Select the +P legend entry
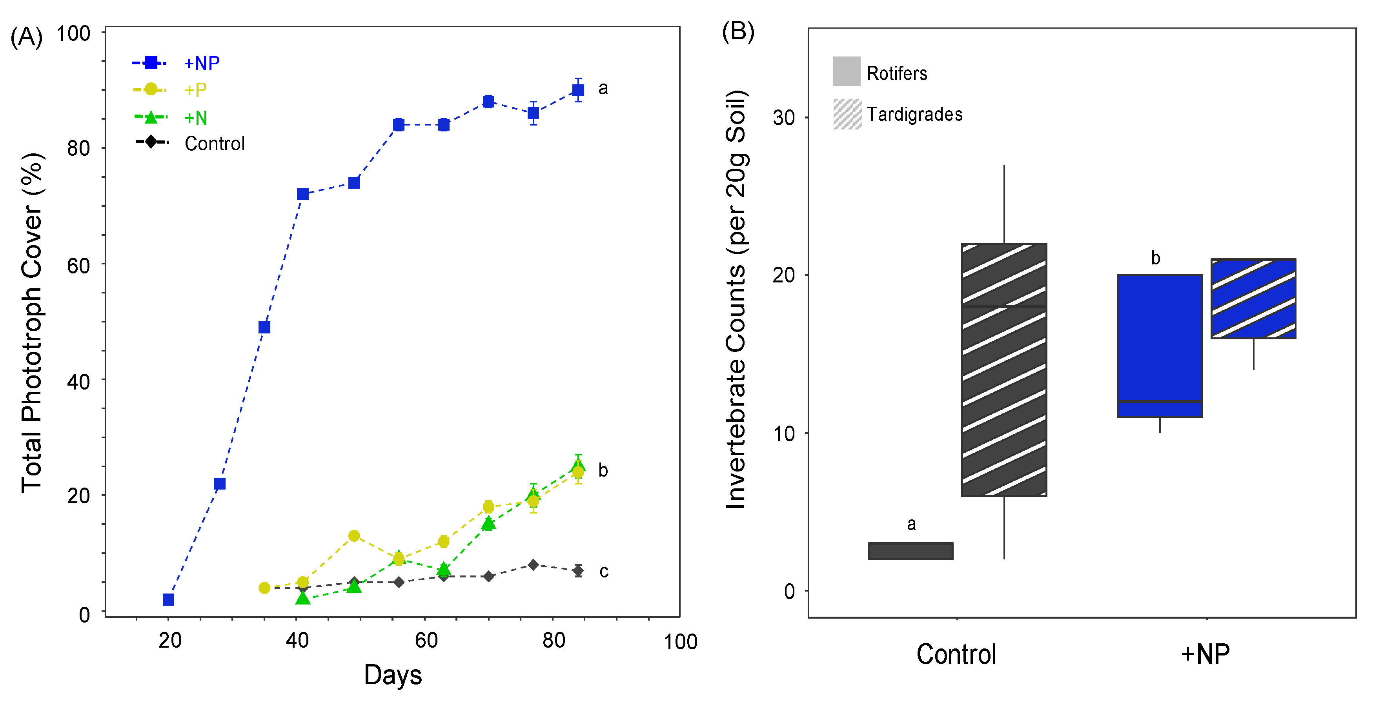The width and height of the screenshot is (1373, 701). (169, 89)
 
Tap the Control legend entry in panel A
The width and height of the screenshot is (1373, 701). (190, 143)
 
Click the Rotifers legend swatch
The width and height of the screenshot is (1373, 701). (847, 71)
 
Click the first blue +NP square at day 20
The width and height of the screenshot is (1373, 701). (168, 600)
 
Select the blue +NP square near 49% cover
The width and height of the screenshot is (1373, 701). (264, 327)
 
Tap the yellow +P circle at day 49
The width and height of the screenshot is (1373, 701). (354, 536)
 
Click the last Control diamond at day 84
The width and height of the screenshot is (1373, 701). (578, 570)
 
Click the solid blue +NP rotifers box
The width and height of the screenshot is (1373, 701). (1160, 346)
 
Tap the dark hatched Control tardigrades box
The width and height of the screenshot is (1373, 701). (1004, 370)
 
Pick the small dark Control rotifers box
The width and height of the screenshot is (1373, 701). (910, 551)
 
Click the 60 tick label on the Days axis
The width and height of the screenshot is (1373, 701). (426, 640)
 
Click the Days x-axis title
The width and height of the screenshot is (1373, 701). (393, 674)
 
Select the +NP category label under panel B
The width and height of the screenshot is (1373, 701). (1205, 654)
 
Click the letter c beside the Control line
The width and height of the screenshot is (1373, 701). (604, 572)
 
